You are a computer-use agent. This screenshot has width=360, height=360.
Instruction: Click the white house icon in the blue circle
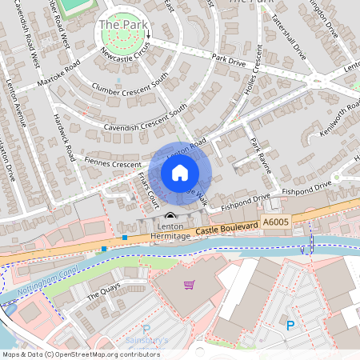pyautogui.click(x=180, y=172)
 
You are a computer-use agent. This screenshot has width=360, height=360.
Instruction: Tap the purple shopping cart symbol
pyautogui.click(x=189, y=285)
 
